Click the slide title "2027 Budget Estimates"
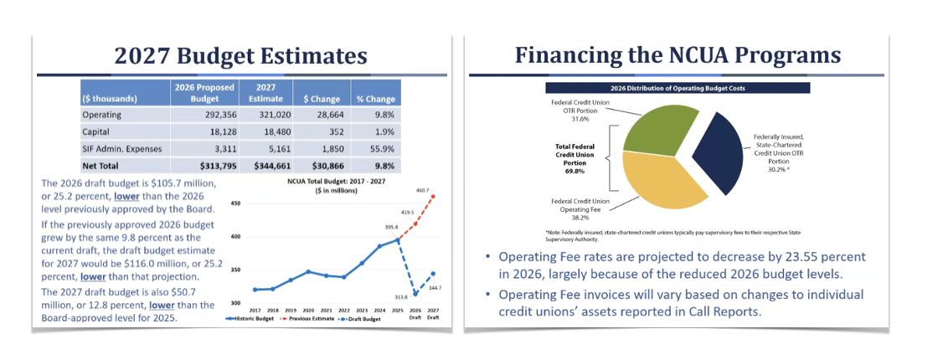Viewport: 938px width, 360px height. coord(241,57)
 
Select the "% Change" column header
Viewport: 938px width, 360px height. coord(375,99)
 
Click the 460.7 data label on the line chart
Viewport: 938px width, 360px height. coord(422,191)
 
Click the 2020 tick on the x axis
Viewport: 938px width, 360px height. coord(308,309)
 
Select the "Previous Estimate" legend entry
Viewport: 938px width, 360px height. coord(314,318)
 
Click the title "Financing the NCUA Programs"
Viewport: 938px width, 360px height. coord(678,57)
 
